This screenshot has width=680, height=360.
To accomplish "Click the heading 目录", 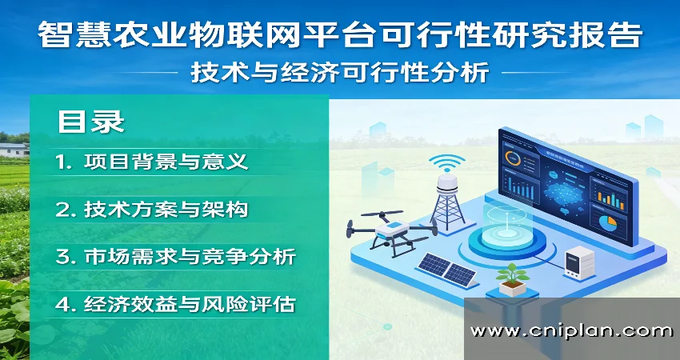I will pos(90,122).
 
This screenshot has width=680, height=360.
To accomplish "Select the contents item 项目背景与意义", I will pos(166,162).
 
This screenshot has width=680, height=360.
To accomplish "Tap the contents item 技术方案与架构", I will pos(166,210).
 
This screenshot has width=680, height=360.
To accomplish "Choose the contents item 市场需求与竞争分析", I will pos(189,257).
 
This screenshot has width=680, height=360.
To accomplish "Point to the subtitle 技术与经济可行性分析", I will pos(339,73).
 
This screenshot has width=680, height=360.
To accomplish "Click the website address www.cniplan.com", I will pos(571,330).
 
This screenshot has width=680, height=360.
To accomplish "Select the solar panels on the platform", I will pos(445,269).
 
